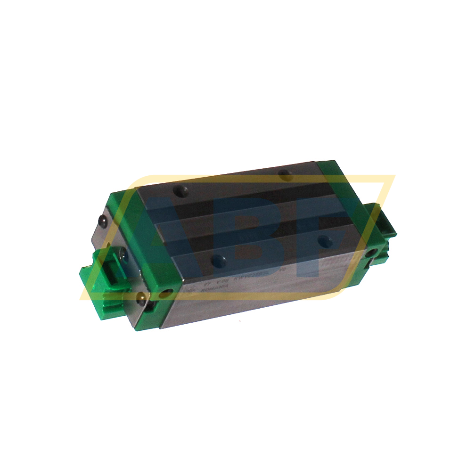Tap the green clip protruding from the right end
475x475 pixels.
point(384,219)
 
